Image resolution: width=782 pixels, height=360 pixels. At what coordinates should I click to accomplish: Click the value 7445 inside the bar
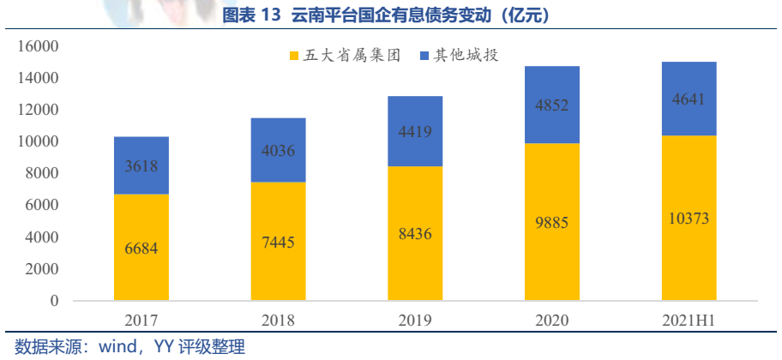point(278,243)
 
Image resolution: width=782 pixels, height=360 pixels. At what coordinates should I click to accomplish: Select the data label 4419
point(415,132)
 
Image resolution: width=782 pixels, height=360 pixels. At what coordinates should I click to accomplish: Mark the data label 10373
point(688,219)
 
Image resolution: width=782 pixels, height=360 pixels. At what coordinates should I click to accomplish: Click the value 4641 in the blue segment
point(688,99)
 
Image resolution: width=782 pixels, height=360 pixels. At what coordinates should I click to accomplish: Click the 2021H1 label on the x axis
point(688,321)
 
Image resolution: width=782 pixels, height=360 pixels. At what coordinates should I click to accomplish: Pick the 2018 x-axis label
point(278,321)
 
